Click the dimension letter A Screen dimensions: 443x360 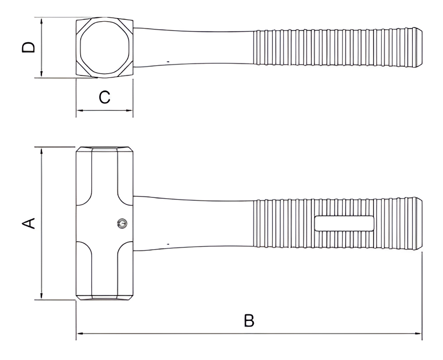click(x=28, y=223)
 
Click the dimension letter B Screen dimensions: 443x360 click(x=249, y=321)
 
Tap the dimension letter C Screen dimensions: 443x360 click(x=104, y=97)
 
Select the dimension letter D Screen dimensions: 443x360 click(x=28, y=47)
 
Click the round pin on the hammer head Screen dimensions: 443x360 click(x=122, y=224)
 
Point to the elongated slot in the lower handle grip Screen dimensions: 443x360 click(x=344, y=223)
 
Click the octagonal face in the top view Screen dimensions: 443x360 click(x=105, y=47)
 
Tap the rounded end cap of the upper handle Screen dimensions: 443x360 click(x=419, y=47)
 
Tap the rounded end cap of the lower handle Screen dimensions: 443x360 click(x=419, y=223)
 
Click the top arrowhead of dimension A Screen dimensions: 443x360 click(x=42, y=150)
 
